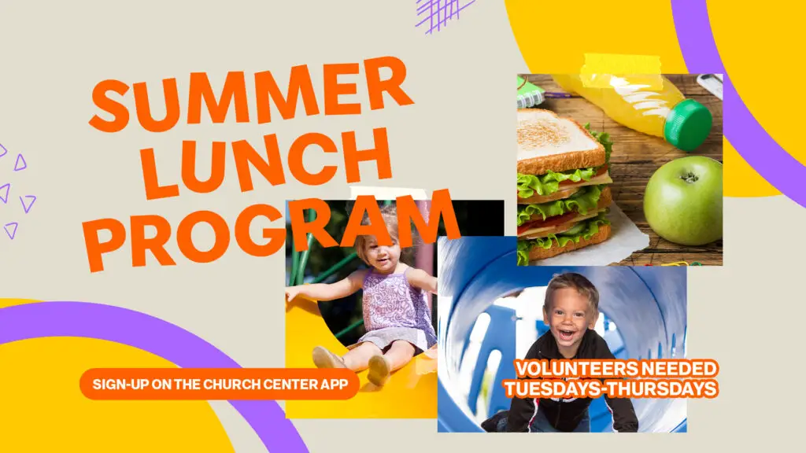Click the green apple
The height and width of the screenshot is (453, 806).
[683, 201]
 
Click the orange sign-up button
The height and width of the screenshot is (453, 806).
[220, 384]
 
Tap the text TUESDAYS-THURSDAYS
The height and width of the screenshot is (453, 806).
[611, 389]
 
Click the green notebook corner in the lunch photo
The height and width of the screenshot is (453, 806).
[531, 93]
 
